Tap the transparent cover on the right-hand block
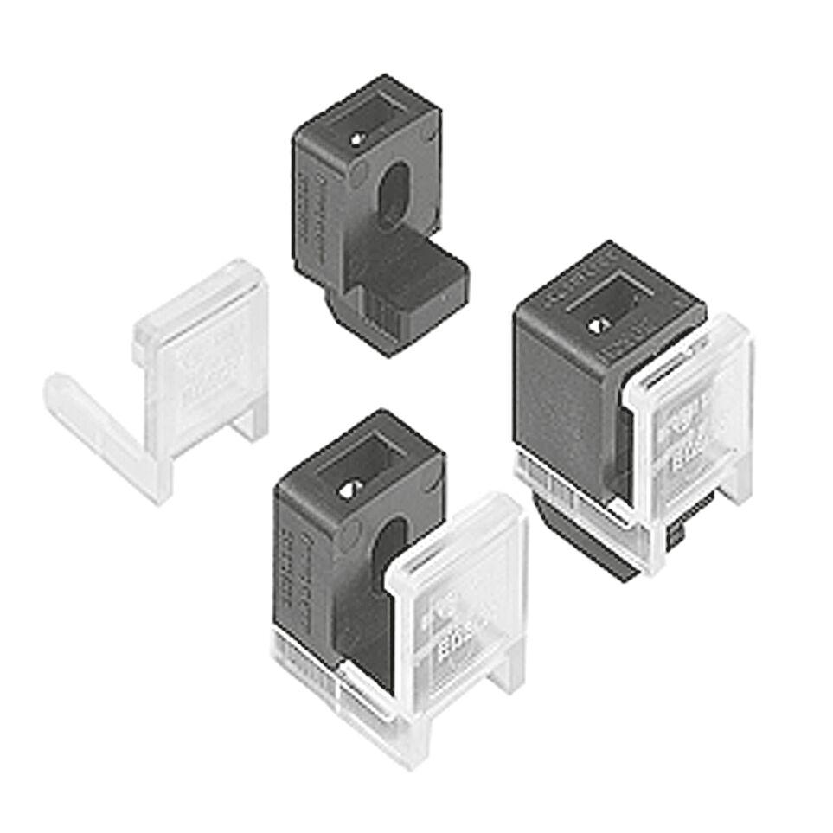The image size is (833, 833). point(692,424)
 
